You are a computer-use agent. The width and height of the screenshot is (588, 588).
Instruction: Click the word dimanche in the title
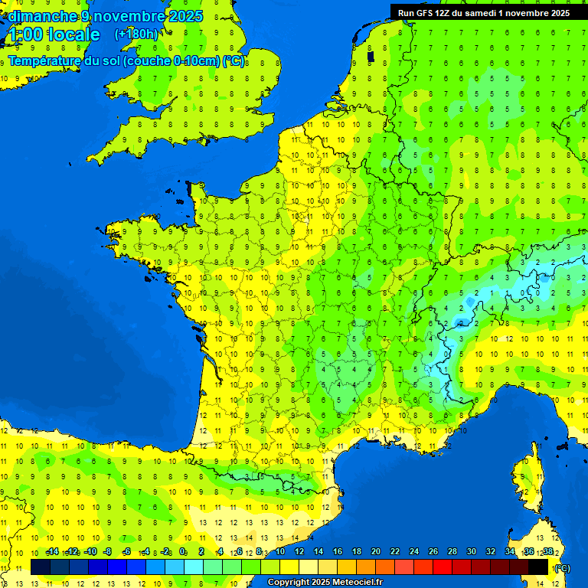[x=42, y=16]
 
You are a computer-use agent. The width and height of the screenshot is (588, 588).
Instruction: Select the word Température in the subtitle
[x=47, y=60]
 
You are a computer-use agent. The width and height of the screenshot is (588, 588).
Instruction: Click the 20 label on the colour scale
[x=375, y=551]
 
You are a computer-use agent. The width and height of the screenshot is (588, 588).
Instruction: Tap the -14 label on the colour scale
[x=52, y=551]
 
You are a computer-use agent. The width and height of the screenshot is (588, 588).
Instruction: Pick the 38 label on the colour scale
[x=547, y=551]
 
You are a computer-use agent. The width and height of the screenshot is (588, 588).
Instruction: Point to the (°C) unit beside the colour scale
[x=561, y=567]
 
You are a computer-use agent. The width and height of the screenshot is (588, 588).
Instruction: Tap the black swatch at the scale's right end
[x=538, y=567]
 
